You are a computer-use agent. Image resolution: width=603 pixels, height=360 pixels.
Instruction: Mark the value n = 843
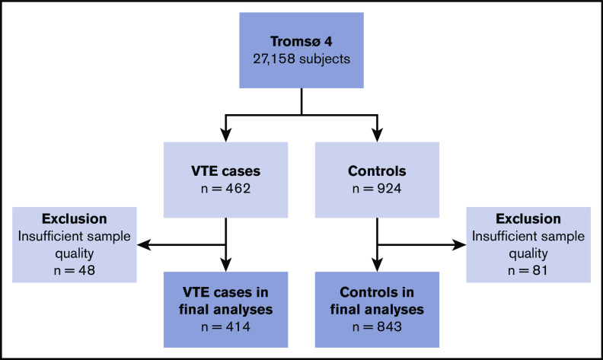click(377, 329)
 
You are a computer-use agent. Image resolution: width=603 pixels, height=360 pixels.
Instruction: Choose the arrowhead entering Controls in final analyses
click(377, 276)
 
